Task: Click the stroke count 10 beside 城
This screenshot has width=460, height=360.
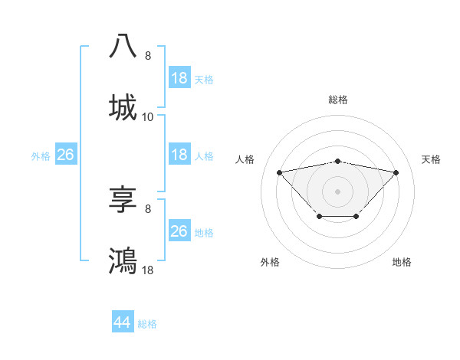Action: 148,117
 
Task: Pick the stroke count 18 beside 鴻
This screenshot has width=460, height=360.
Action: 148,270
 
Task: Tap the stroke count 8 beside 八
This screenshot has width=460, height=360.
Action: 148,56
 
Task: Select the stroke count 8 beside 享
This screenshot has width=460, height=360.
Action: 148,209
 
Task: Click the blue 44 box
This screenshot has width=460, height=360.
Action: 123,322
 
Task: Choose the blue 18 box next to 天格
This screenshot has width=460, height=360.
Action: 179,78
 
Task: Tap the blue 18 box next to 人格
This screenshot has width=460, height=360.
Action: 179,155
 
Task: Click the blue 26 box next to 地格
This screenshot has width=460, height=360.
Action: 179,231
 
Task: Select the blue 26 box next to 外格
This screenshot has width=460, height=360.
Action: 65,155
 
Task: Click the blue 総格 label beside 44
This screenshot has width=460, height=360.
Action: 147,324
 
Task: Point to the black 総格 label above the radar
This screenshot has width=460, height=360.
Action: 337,100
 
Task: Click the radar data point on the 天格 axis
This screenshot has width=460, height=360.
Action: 396,172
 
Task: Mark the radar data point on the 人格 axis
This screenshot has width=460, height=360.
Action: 280,172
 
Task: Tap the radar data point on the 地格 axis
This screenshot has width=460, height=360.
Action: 356,217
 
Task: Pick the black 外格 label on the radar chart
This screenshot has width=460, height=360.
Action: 270,262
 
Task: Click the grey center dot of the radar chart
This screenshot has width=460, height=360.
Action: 337,191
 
